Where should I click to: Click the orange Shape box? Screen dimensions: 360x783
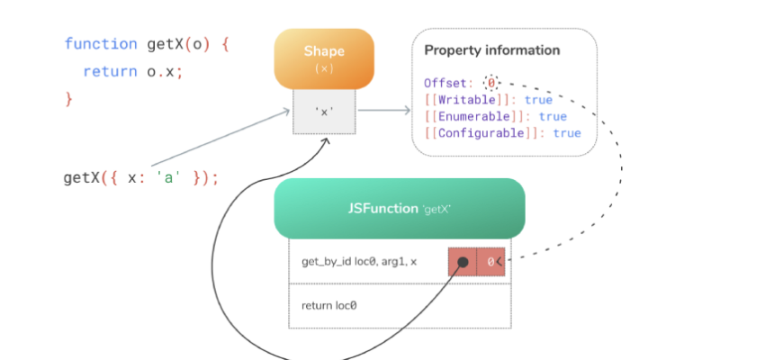click(324, 58)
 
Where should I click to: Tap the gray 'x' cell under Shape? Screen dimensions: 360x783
click(324, 112)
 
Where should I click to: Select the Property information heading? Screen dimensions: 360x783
click(491, 50)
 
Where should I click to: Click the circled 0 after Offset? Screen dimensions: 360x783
click(491, 83)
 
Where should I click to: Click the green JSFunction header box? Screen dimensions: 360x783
click(399, 208)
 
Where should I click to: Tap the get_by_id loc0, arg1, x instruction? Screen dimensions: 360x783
click(359, 262)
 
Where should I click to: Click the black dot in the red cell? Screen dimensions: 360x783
click(463, 263)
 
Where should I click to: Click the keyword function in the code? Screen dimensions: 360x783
click(101, 43)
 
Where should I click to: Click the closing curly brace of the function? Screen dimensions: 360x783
click(68, 98)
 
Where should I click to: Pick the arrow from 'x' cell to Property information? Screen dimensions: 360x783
click(385, 112)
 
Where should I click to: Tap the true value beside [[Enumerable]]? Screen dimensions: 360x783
click(553, 117)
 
